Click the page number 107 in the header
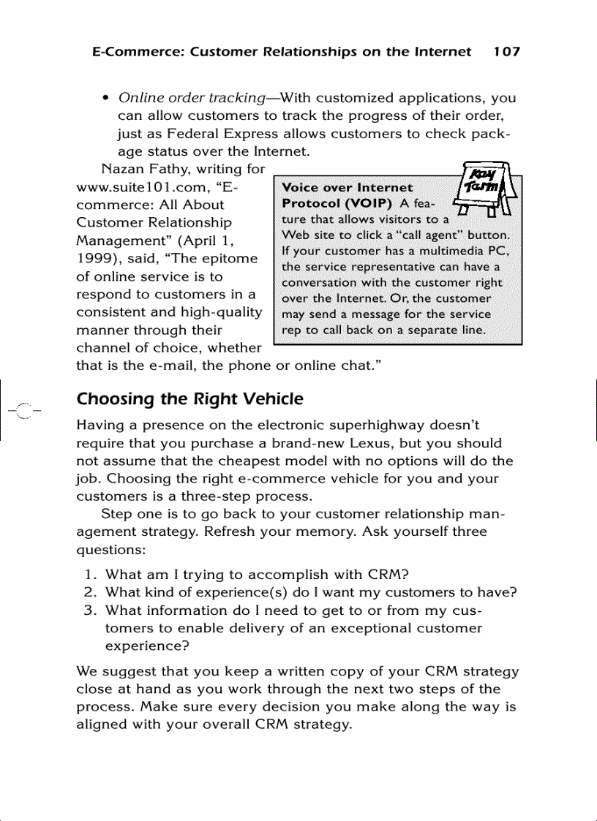(x=506, y=52)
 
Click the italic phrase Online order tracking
(x=191, y=98)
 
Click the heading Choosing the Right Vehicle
(x=189, y=400)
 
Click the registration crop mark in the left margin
(x=22, y=410)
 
